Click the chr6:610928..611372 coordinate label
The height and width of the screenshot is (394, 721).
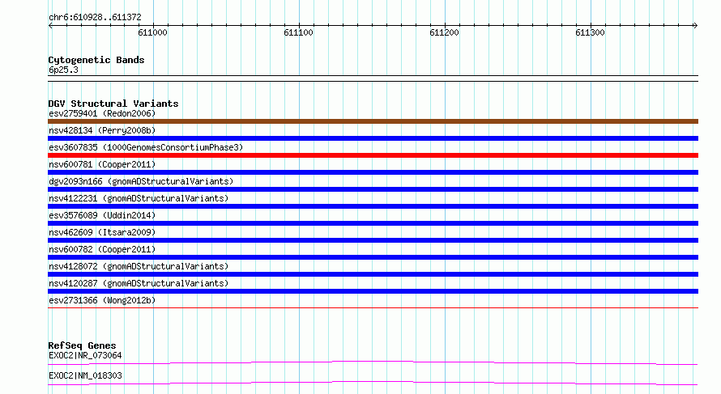(x=95, y=18)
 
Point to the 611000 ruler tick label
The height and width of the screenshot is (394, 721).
(x=152, y=32)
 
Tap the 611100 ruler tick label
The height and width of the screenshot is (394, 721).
(x=298, y=32)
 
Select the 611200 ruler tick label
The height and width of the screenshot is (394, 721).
(x=444, y=32)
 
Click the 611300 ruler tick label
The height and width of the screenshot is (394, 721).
(x=590, y=32)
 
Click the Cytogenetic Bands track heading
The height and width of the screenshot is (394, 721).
(x=96, y=60)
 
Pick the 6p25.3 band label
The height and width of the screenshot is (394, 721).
(x=63, y=70)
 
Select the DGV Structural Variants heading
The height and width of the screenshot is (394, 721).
(x=113, y=104)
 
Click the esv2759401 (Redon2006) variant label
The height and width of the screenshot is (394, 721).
(x=102, y=113)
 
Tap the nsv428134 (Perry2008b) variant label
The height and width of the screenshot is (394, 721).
(x=102, y=130)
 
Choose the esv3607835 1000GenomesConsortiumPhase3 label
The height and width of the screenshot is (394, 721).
(x=146, y=147)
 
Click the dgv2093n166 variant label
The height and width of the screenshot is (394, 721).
(x=141, y=181)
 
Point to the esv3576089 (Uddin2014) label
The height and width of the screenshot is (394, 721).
(x=102, y=215)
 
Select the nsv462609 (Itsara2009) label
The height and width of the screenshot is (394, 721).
(x=102, y=232)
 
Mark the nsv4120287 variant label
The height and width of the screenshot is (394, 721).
(x=139, y=283)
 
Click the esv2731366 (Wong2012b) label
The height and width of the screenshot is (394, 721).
(x=102, y=300)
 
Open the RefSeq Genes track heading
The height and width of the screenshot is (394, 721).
(x=83, y=345)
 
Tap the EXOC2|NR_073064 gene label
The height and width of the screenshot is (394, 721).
(x=86, y=355)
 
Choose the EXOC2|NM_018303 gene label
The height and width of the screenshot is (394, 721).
(x=86, y=375)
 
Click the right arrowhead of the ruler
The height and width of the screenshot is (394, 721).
(x=696, y=25)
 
